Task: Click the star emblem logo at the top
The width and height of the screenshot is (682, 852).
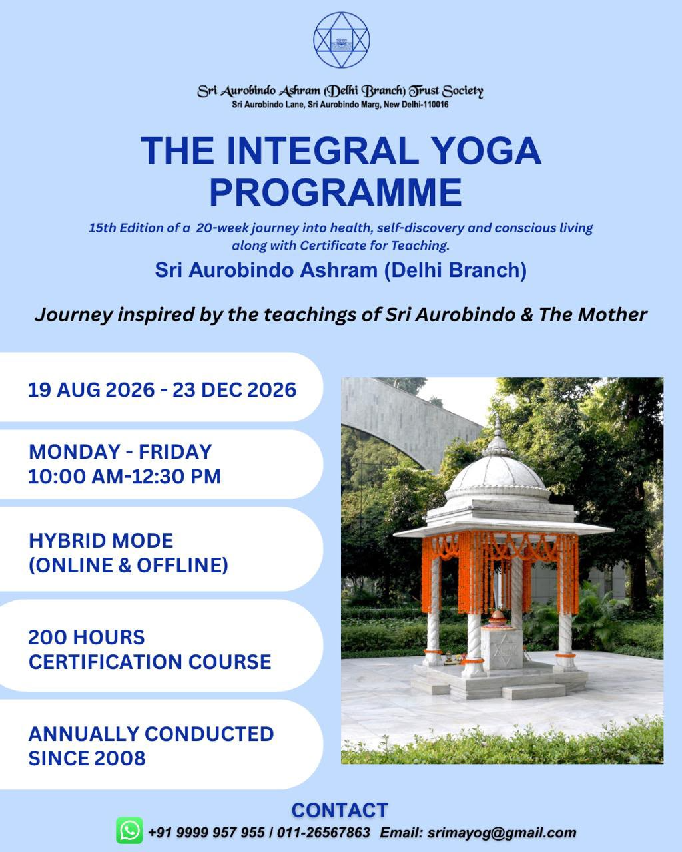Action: pyautogui.click(x=341, y=39)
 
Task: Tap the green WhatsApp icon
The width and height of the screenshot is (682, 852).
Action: pyautogui.click(x=129, y=830)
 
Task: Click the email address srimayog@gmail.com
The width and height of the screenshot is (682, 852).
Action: pyautogui.click(x=502, y=833)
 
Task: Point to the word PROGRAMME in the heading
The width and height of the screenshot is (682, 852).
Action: pyautogui.click(x=336, y=192)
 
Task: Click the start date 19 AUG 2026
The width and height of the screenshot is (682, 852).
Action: pyautogui.click(x=91, y=390)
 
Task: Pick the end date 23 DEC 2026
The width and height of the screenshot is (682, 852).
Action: pyautogui.click(x=234, y=390)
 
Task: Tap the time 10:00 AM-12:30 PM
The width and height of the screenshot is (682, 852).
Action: pyautogui.click(x=125, y=476)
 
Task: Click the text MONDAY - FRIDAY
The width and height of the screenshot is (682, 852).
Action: pyautogui.click(x=121, y=452)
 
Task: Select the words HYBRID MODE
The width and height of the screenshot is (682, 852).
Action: pyautogui.click(x=101, y=540)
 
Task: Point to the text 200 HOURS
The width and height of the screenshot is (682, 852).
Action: pyautogui.click(x=87, y=638)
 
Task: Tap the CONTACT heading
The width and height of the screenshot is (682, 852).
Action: pyautogui.click(x=340, y=810)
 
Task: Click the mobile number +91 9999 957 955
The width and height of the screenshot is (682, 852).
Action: pyautogui.click(x=206, y=833)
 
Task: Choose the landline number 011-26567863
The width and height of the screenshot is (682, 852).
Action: pyautogui.click(x=324, y=833)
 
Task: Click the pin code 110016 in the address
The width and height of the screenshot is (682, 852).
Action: pyautogui.click(x=436, y=104)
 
